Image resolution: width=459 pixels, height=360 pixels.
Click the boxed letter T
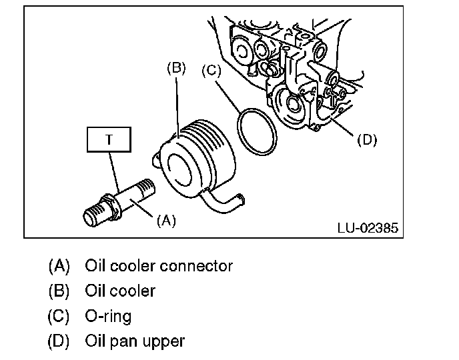tap(109, 139)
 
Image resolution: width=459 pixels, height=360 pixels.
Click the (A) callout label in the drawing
tap(166, 220)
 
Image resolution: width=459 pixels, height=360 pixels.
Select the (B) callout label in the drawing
tap(176, 68)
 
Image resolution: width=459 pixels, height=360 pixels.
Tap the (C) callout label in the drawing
tap(211, 71)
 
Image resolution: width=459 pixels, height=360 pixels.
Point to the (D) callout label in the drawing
tap(367, 140)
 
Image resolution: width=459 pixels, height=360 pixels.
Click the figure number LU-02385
tap(368, 228)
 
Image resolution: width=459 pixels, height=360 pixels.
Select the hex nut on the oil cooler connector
tap(111, 206)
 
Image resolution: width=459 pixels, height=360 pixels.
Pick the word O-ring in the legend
tap(108, 317)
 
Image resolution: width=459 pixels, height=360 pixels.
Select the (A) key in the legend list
tap(59, 266)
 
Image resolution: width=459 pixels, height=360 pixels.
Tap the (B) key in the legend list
tap(59, 291)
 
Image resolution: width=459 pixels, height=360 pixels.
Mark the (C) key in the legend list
tap(59, 316)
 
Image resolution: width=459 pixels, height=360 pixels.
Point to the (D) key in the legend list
tap(59, 341)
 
